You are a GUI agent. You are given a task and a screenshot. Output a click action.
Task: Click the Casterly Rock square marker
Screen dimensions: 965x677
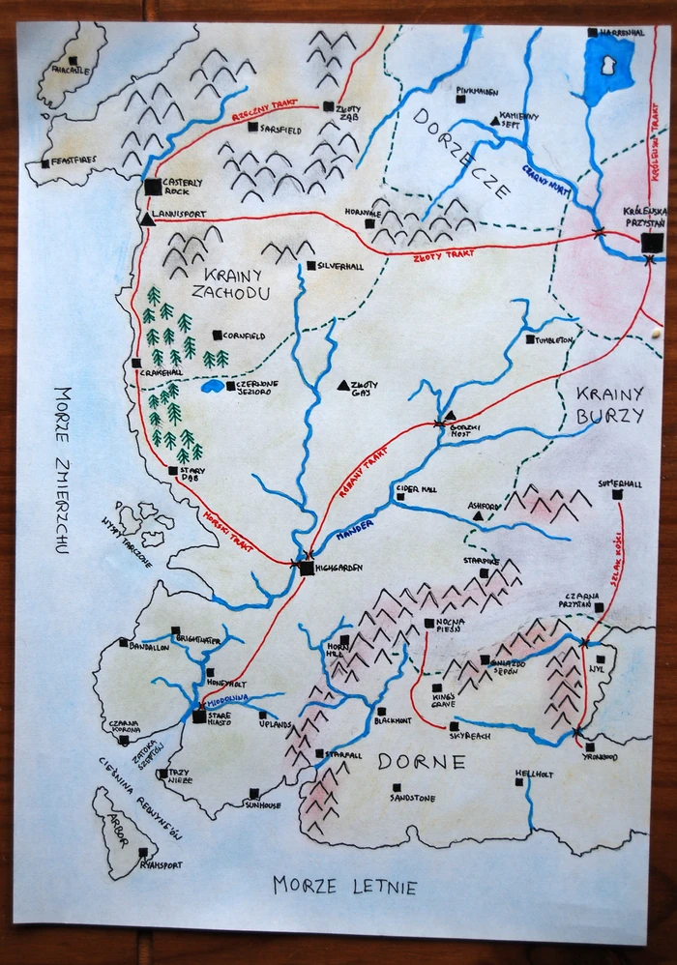152,187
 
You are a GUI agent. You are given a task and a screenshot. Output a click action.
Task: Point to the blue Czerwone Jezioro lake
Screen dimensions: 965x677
212,386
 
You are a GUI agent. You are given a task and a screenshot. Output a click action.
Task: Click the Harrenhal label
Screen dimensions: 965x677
622,32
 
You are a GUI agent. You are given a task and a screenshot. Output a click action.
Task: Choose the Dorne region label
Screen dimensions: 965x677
421,762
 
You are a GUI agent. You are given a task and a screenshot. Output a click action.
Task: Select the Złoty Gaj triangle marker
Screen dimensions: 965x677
342,385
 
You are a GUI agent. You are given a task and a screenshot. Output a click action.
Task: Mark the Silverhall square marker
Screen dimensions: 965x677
310,265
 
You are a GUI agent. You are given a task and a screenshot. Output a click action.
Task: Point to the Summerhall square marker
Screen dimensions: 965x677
617,494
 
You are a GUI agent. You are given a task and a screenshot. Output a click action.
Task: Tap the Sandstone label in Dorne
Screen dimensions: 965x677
413,799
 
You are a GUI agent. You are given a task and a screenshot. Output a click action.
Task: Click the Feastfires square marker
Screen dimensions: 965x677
45,163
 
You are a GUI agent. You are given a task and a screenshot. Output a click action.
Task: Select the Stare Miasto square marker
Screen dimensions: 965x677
199,716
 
